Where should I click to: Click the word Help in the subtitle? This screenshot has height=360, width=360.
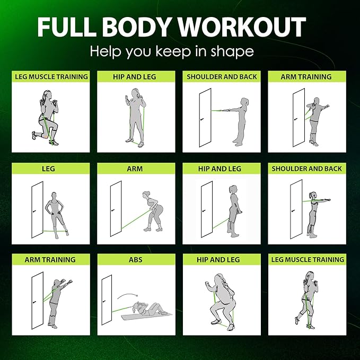point(106,52)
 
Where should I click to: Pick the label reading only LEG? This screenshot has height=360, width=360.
point(50,169)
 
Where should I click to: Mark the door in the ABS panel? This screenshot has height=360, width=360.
point(107,300)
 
